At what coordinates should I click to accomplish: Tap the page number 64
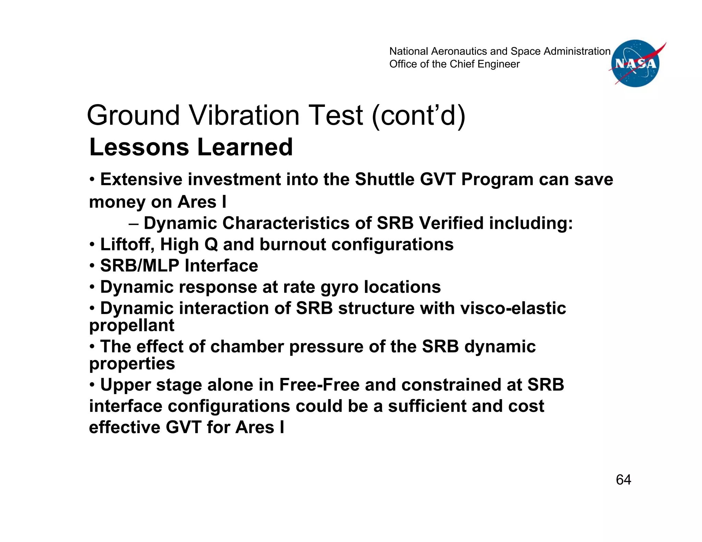(x=623, y=480)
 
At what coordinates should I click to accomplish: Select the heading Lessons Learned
(x=191, y=147)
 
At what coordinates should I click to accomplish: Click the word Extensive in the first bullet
(x=141, y=180)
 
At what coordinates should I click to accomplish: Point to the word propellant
(x=132, y=325)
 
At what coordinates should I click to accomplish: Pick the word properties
(x=132, y=364)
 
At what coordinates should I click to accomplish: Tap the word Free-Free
(x=319, y=385)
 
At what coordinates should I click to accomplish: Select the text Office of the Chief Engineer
(x=454, y=64)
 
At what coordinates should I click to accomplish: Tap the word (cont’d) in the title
(x=419, y=115)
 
